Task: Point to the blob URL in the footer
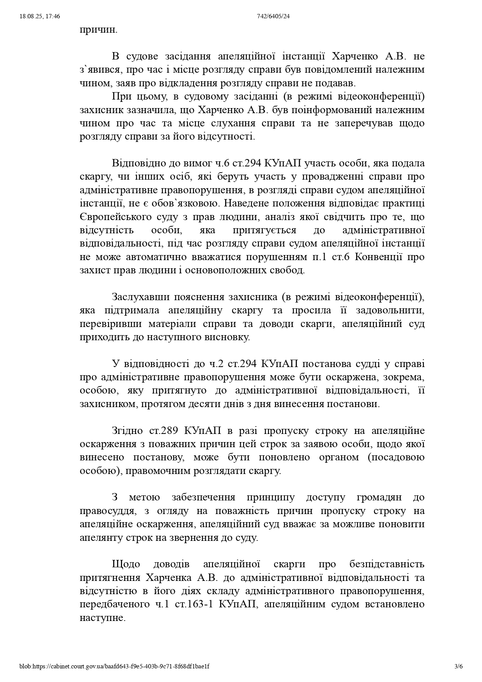[114, 666]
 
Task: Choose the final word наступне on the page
[102, 618]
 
